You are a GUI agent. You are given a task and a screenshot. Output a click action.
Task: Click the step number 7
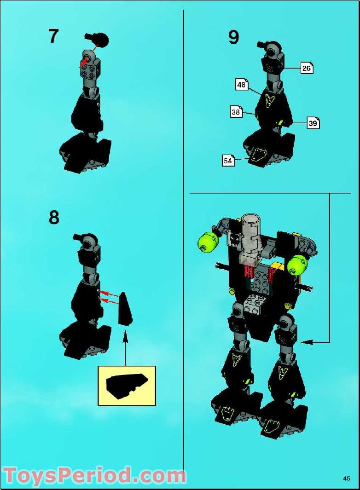pyautogui.click(x=53, y=36)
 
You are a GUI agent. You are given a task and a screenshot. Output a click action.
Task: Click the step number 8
pyautogui.click(x=54, y=217)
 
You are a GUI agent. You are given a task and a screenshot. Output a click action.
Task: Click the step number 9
pyautogui.click(x=234, y=37)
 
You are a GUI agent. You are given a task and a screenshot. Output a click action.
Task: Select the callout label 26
pyautogui.click(x=307, y=68)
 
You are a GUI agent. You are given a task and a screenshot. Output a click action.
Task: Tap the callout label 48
pyautogui.click(x=241, y=85)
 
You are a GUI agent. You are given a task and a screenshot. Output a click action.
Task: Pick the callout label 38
pyautogui.click(x=236, y=112)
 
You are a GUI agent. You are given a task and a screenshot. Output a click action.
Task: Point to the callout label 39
pyautogui.click(x=313, y=123)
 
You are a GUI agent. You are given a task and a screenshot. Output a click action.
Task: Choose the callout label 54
pyautogui.click(x=228, y=161)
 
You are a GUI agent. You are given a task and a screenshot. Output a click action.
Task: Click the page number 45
pyautogui.click(x=347, y=478)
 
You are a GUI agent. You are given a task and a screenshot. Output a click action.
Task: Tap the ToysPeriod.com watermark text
pyautogui.click(x=94, y=475)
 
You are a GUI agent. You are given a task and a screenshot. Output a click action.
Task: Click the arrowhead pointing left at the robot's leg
pyautogui.click(x=306, y=342)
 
